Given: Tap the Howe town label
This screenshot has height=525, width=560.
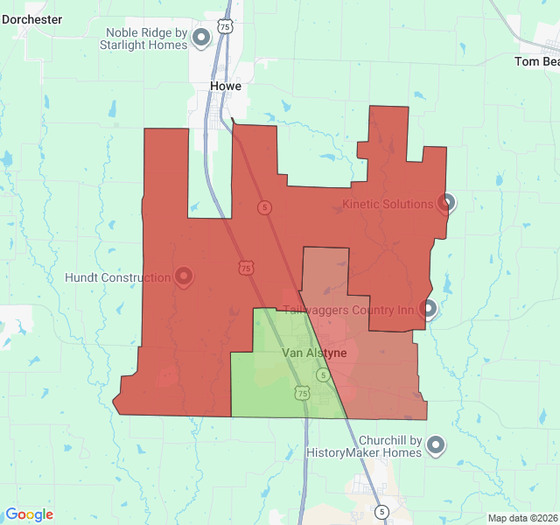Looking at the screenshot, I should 226,86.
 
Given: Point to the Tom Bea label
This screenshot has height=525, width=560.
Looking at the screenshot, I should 536,61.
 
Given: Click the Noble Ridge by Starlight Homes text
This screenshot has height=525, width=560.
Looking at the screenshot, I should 146,38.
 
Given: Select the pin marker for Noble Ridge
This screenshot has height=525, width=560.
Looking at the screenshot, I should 201,38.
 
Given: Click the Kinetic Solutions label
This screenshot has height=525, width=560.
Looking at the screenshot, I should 388,204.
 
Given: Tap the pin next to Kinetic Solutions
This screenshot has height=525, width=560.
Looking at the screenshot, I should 446,203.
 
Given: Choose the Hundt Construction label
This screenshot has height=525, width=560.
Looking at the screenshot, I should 118,278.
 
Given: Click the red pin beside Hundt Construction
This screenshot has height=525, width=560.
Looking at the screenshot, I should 184,277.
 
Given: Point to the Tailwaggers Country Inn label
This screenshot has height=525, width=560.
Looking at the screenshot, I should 348,310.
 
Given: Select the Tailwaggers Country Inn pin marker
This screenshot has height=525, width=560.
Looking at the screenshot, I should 428,308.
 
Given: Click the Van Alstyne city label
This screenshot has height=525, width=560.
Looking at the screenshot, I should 314,353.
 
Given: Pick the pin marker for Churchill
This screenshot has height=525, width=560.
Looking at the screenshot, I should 436,446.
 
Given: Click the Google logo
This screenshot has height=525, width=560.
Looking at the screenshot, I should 29,514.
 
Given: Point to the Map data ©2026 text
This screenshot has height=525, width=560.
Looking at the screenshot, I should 521,518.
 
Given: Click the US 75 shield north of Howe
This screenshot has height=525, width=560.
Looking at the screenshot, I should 226,27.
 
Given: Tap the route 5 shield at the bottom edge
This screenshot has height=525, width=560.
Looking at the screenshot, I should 381,511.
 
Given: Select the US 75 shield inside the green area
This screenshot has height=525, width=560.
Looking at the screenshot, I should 302,394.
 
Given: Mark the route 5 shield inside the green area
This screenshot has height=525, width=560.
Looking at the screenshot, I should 323,374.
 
